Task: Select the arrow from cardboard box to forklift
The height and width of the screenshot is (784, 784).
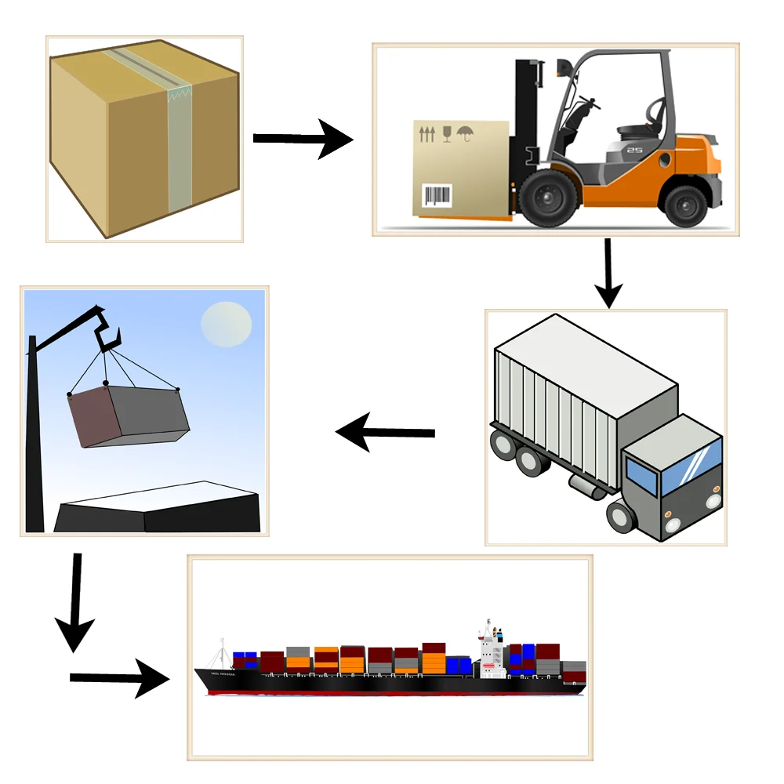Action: tap(303, 139)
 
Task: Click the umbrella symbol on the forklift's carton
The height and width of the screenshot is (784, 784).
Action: tap(466, 134)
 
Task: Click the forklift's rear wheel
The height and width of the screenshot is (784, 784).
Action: tap(685, 201)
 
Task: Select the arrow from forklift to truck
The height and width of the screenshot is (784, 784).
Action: tap(608, 274)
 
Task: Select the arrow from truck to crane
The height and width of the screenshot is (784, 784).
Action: tap(384, 432)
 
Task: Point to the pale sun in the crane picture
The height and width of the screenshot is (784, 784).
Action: tap(227, 324)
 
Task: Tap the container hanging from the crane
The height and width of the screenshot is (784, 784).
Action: tap(129, 416)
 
